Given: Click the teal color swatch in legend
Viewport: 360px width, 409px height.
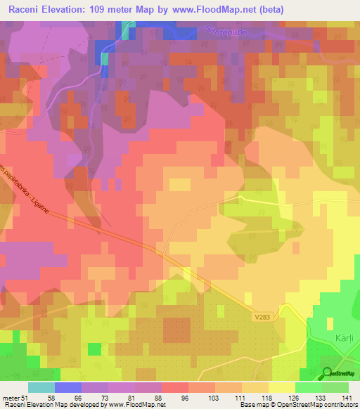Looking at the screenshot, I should click(41, 387).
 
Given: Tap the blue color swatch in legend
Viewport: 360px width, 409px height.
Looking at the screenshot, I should click(67, 387).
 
